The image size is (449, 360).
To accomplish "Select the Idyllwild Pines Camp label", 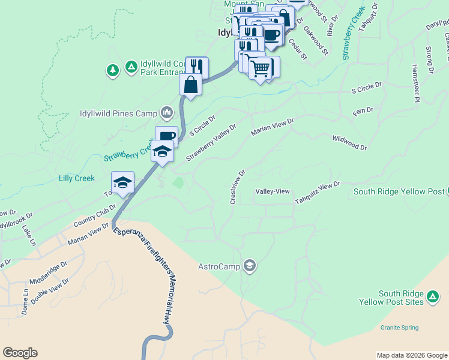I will pyautogui.click(x=118, y=113).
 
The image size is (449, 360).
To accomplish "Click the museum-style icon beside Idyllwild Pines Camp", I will pyautogui.click(x=167, y=113).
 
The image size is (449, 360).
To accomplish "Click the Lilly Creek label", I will pyautogui.click(x=77, y=178).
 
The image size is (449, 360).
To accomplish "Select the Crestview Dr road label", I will pyautogui.click(x=238, y=187).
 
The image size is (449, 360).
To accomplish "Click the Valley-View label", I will pyautogui.click(x=273, y=191).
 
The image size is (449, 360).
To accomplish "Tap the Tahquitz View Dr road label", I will pyautogui.click(x=317, y=193).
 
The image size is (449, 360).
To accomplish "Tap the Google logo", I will pyautogui.click(x=20, y=353).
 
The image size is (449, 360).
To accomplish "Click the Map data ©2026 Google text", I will pyautogui.click(x=411, y=355).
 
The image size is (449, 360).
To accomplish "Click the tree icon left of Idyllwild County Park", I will pyautogui.click(x=112, y=71).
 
